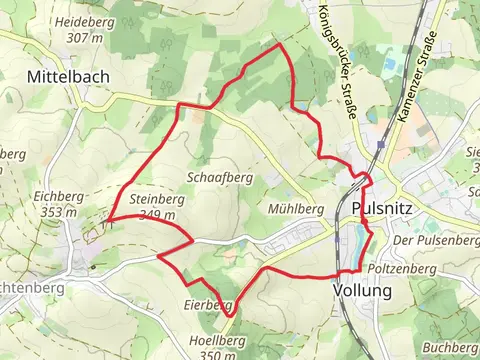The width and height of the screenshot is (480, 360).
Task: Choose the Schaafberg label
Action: point(219,176)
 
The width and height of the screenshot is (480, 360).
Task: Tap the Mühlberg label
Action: point(296,209)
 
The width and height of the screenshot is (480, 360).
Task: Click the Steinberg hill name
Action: point(152,199)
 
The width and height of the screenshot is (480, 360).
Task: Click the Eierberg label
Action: point(208,304)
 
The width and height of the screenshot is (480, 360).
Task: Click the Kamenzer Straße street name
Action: point(417,78)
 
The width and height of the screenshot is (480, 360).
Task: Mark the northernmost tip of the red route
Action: point(279,45)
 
